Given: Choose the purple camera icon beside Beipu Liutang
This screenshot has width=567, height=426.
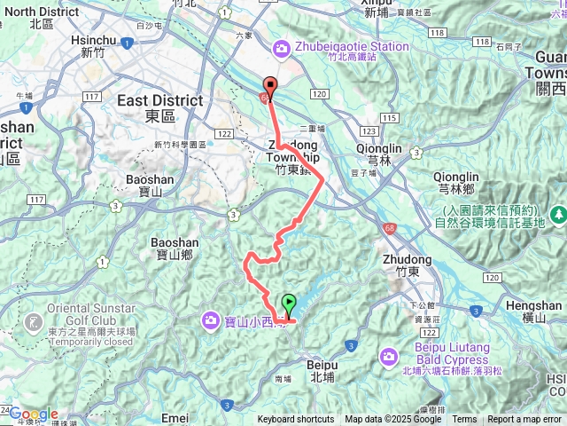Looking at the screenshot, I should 389,357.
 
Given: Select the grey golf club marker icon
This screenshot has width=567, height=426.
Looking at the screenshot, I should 35,319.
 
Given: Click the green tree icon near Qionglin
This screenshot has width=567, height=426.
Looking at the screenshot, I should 559,214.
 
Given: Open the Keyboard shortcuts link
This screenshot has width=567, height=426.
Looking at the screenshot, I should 296,420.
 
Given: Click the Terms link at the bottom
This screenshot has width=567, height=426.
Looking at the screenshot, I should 464,420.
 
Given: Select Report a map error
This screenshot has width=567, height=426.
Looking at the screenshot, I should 525,420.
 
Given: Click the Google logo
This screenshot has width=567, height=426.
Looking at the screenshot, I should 34,414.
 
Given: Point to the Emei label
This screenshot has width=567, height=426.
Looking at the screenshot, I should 175,417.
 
